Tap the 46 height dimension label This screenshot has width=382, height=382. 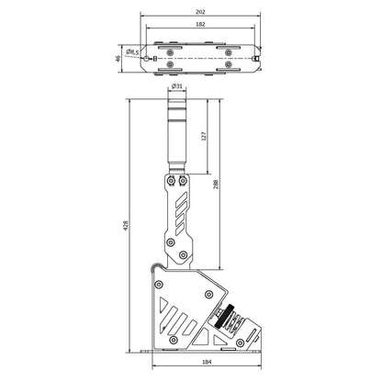(117, 57)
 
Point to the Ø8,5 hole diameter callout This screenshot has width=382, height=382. (135, 52)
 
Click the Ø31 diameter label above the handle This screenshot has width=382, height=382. (177, 85)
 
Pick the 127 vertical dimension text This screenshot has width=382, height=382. (205, 136)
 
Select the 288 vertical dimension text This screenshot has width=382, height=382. (217, 184)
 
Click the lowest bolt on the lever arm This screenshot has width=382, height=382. (183, 254)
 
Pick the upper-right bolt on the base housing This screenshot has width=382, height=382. (210, 294)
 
